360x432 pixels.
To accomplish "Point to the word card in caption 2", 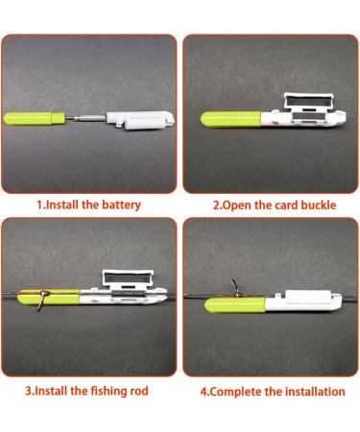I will [280, 204].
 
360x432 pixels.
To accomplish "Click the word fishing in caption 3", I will [108, 391].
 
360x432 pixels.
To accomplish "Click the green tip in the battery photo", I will [33, 121].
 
